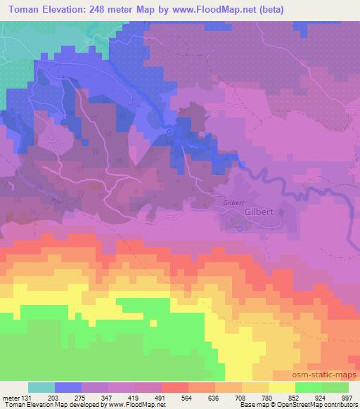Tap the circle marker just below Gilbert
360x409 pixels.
(239, 228)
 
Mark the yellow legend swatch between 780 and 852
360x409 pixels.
(281, 387)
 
